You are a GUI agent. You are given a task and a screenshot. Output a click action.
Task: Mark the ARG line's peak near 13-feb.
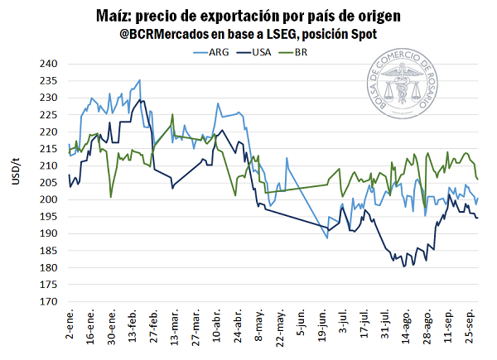click(x=140, y=80)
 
